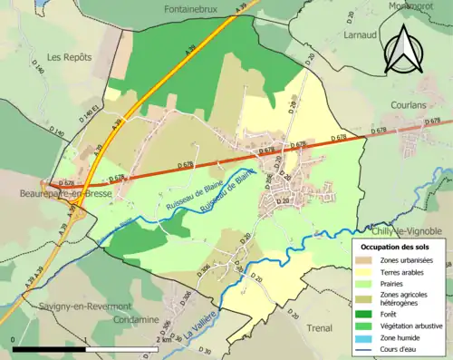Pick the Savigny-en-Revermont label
61,306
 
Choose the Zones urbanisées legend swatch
365,261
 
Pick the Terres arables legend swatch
365,272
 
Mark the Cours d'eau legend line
365,347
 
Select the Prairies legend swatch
365,283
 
